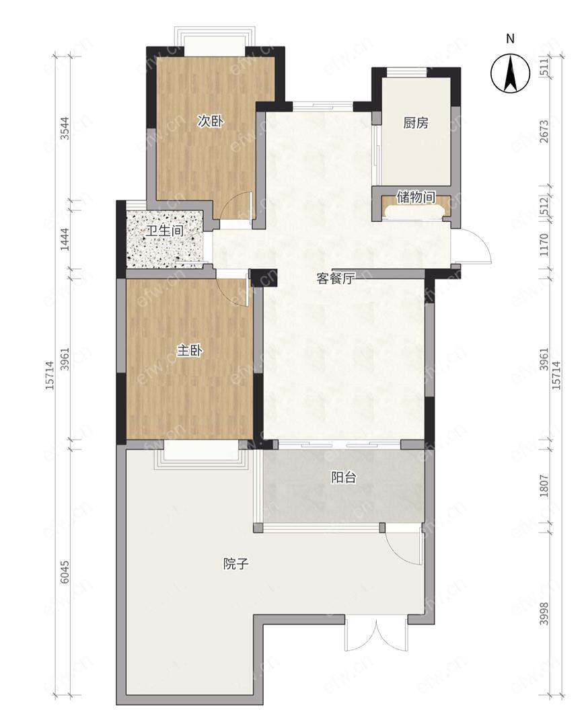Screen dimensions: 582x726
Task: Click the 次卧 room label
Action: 211,122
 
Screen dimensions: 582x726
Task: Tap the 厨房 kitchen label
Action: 416,123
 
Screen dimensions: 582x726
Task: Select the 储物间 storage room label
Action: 416,197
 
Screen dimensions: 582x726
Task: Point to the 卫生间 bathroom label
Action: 165,231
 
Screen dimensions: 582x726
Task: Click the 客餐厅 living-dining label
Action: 336,278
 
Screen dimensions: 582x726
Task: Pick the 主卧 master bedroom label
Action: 190,350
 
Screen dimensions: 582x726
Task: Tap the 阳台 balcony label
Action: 343,477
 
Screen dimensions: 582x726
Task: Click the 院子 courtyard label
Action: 236,564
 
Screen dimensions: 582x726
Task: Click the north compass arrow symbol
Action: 510,73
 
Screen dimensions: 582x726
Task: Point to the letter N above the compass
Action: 510,39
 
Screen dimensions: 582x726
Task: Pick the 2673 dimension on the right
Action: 544,131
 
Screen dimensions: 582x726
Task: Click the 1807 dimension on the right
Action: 544,486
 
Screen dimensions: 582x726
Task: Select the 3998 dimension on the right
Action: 544,614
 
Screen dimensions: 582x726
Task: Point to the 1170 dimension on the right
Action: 544,245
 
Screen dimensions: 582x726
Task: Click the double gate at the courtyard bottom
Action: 376,635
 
